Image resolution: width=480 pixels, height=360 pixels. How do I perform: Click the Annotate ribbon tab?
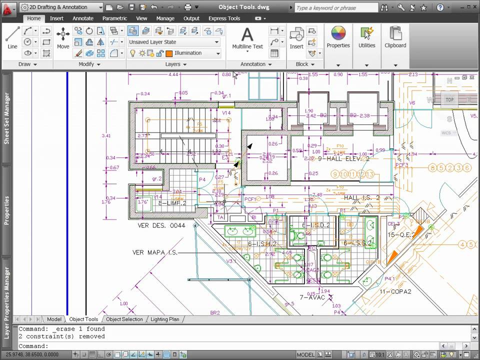tap(83, 18)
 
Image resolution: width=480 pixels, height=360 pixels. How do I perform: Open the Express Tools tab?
tap(224, 18)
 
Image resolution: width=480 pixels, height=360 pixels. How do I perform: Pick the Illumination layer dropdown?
tap(193, 53)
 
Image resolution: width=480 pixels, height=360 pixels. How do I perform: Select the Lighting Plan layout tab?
tap(164, 319)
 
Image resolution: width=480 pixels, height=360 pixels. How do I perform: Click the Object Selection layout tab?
tap(124, 319)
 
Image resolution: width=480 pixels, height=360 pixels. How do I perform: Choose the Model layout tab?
tap(54, 319)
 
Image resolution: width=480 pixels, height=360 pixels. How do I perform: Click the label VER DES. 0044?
tap(161, 225)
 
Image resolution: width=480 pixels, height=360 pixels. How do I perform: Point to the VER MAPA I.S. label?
tap(154, 252)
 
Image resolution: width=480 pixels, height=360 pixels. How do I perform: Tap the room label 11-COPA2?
tap(395, 291)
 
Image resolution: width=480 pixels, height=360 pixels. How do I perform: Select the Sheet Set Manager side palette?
tap(7, 118)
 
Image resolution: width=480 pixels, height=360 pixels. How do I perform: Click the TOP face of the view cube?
tap(449, 99)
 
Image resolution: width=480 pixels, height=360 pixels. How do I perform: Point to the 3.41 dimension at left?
tap(105, 135)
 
